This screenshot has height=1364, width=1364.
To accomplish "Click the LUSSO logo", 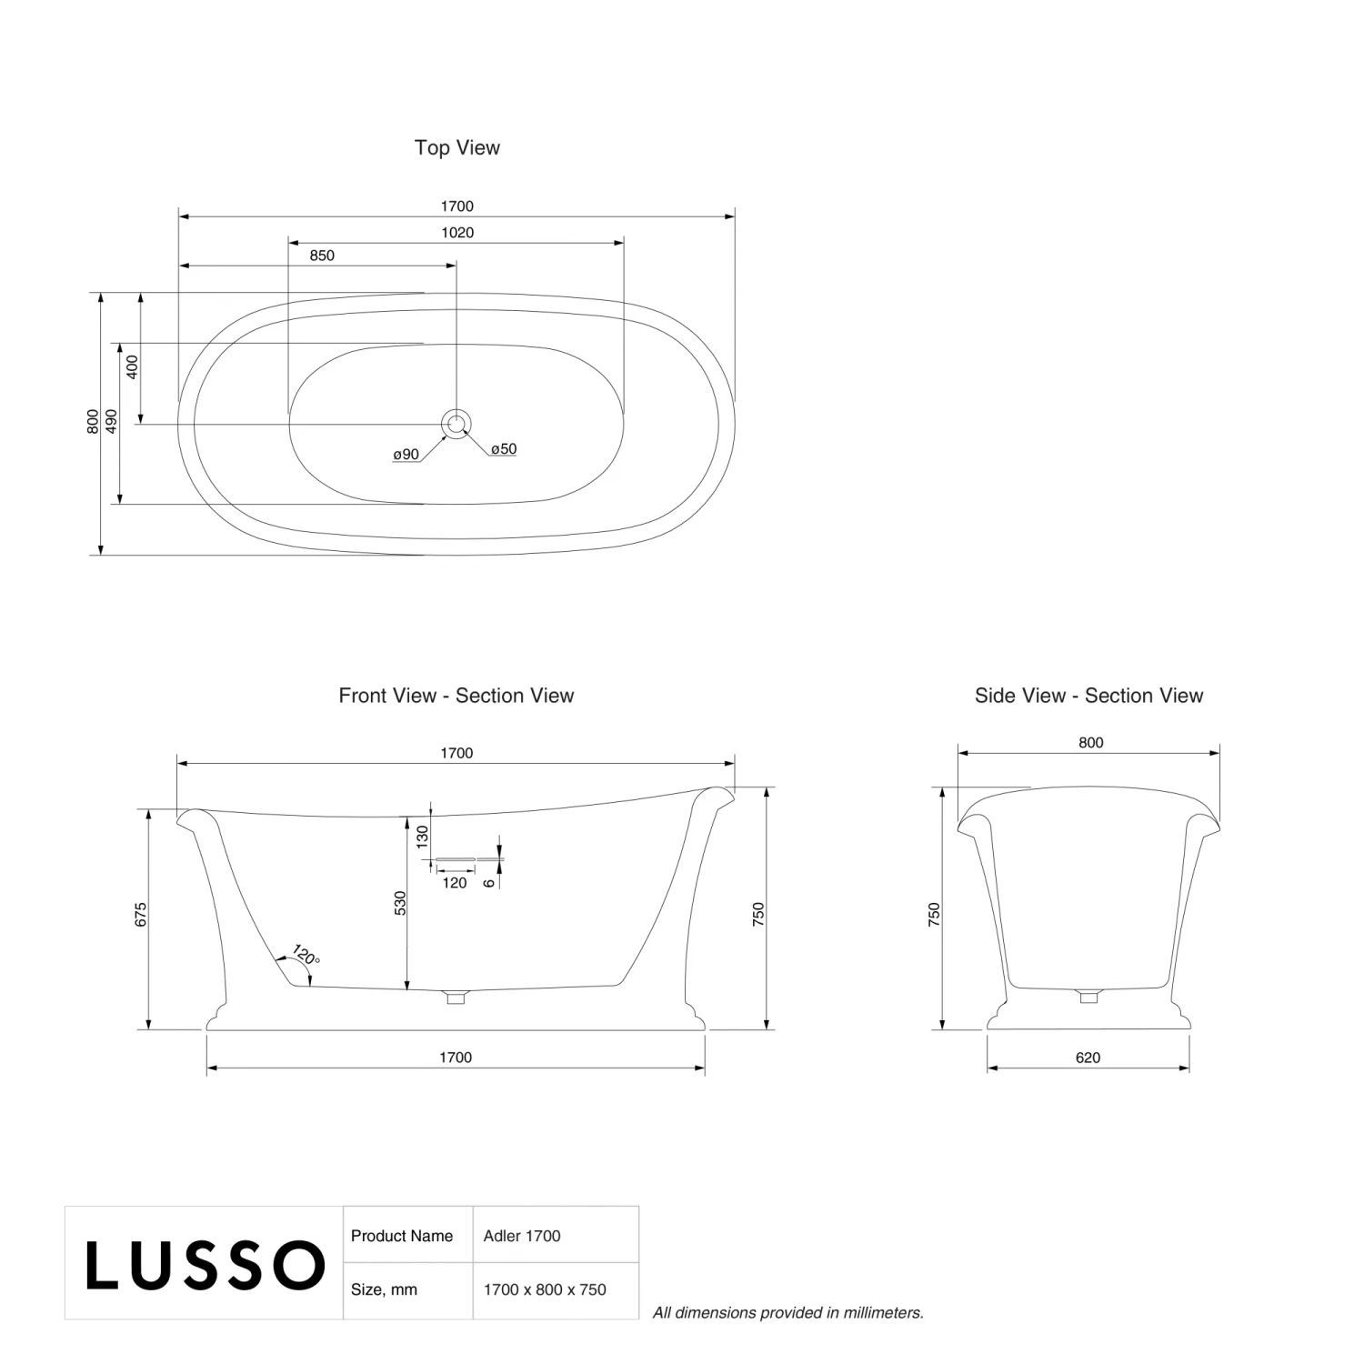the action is click(x=206, y=1265).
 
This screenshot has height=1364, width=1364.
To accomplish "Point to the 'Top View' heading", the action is click(x=457, y=147).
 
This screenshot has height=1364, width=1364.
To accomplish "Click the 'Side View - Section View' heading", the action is click(x=1088, y=696).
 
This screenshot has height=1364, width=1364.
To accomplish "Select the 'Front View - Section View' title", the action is click(x=456, y=696).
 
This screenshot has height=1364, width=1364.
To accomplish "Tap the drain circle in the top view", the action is click(x=456, y=423).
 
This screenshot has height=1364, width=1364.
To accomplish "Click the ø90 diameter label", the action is click(x=406, y=455).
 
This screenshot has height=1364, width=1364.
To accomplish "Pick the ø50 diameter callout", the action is click(x=504, y=449).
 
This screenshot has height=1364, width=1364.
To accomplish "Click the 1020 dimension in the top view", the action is click(x=457, y=233).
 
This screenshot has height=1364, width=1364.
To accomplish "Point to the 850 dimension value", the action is click(x=322, y=256).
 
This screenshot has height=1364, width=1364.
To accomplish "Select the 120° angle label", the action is click(x=306, y=956).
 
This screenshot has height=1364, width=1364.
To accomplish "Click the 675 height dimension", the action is click(x=141, y=915).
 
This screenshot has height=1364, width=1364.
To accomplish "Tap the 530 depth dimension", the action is click(x=401, y=904).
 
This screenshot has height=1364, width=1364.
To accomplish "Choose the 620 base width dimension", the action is click(x=1088, y=1058).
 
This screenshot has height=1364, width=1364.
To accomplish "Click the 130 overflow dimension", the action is click(x=422, y=837).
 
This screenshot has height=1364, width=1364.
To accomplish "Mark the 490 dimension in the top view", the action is click(x=111, y=421).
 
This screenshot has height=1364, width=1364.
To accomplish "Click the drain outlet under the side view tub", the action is click(x=1088, y=996).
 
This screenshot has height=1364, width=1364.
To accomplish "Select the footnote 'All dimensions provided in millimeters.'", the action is click(x=788, y=1312).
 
